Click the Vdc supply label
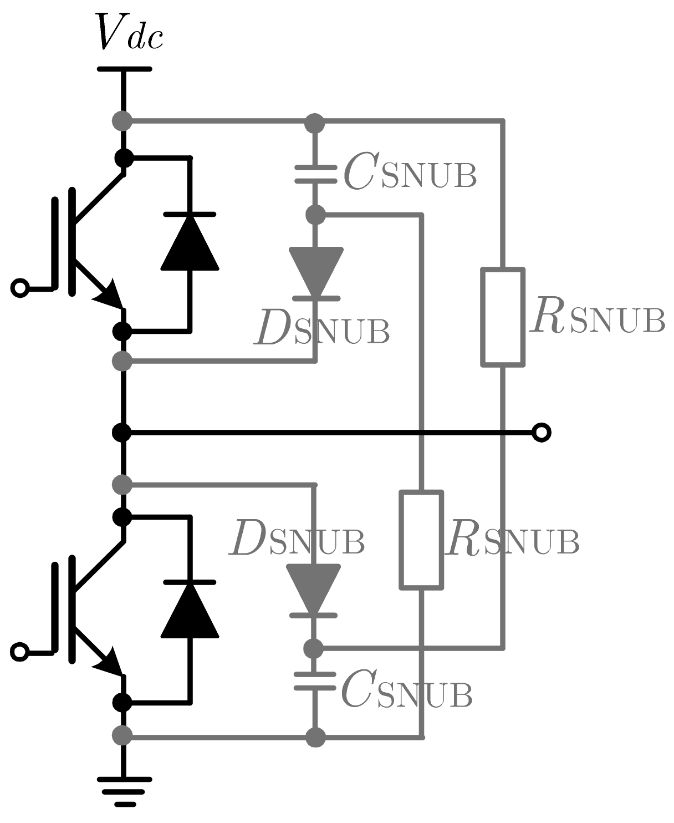130,32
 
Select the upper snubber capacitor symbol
315,174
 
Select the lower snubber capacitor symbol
315,681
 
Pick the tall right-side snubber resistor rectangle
503,317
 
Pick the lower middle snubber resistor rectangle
422,539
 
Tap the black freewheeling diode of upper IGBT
190,242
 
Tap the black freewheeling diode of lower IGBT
190,610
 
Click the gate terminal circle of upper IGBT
20,288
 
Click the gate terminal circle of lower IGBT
20,652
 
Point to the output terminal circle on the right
541,432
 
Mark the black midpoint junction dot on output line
122,432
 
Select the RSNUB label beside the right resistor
597,318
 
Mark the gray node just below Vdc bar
122,120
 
